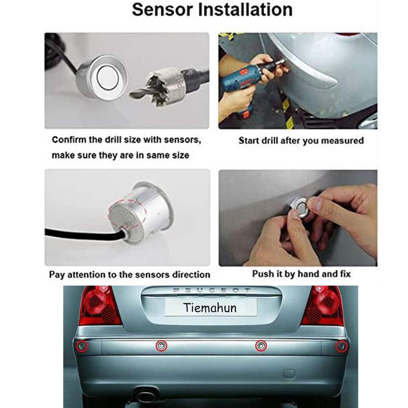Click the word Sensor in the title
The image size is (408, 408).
pyautogui.click(x=163, y=10)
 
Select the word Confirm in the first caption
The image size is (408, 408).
pyautogui.click(x=69, y=140)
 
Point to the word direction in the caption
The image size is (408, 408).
pyautogui.click(x=191, y=275)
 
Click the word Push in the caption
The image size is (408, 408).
pyautogui.click(x=262, y=274)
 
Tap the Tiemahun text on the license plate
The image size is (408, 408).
pyautogui.click(x=210, y=308)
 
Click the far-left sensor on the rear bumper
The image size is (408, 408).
pyautogui.click(x=82, y=346)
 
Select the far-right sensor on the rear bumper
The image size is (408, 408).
pyautogui.click(x=341, y=346)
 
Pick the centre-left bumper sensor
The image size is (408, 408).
pyautogui.click(x=161, y=346)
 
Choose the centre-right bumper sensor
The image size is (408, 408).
pyautogui.click(x=261, y=346)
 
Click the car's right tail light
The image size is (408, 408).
pyautogui.click(x=323, y=305)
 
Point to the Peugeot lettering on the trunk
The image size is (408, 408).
pyautogui.click(x=212, y=290)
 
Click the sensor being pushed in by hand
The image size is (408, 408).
pyautogui.click(x=301, y=207)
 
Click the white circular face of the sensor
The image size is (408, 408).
pyautogui.click(x=108, y=78)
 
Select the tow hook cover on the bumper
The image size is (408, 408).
pyautogui.click(x=289, y=374)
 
